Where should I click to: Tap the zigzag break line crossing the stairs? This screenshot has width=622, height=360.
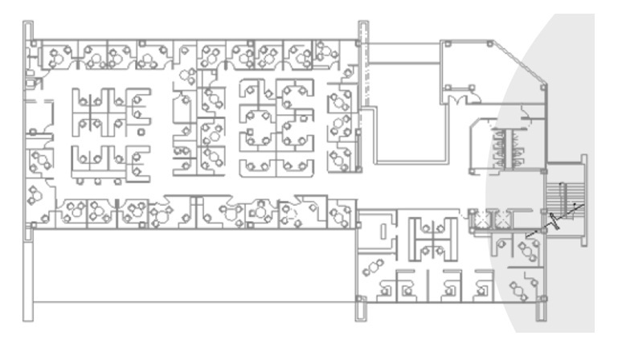[x=554, y=219]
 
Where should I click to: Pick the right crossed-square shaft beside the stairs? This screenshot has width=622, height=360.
[x=505, y=219]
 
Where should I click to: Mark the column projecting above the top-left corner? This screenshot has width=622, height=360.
[x=31, y=29]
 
